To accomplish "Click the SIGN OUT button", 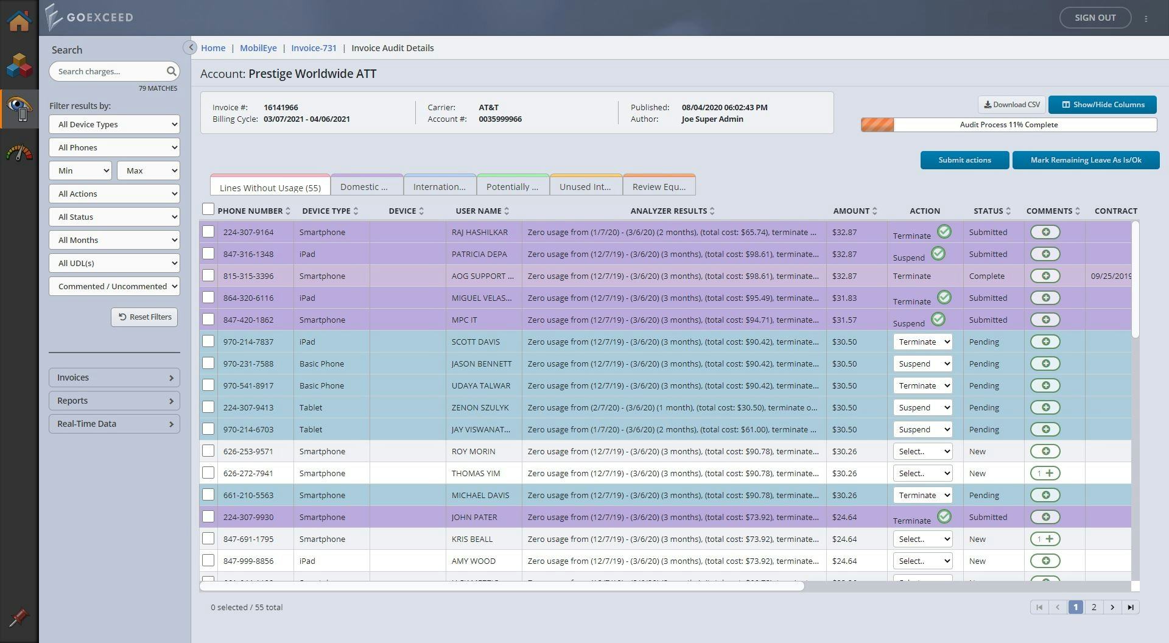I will (x=1095, y=18).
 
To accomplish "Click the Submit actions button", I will (x=964, y=160).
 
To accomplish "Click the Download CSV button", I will (x=1011, y=105).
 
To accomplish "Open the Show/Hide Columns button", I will (x=1102, y=105).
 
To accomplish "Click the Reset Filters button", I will (x=144, y=317).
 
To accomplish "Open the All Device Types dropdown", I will (x=114, y=124).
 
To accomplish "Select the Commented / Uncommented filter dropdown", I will (x=114, y=286).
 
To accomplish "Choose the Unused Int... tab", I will (x=585, y=187).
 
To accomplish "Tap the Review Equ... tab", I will (x=659, y=187).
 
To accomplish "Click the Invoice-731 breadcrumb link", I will (x=314, y=48).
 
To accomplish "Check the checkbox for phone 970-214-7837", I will (x=208, y=342).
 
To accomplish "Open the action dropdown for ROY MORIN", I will (x=922, y=451).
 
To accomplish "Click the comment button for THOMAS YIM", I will (x=1045, y=473).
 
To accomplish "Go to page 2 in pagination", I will (x=1094, y=607).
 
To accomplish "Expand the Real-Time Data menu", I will (x=114, y=424).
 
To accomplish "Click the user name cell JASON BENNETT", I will (x=482, y=364).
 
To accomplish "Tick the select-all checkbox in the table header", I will (x=208, y=209).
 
